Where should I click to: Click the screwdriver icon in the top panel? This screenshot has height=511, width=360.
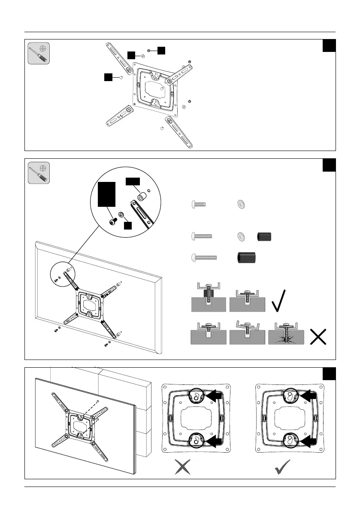coord(39,53)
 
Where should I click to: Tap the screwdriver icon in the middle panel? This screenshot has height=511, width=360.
coord(39,172)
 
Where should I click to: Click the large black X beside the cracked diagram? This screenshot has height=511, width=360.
coord(318,336)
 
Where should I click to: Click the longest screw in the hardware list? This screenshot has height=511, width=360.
coord(204,257)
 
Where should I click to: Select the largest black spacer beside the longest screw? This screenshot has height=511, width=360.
coord(246,257)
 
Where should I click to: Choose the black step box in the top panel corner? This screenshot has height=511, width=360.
coord(329,45)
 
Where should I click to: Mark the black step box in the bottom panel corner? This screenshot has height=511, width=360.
coord(329,374)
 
